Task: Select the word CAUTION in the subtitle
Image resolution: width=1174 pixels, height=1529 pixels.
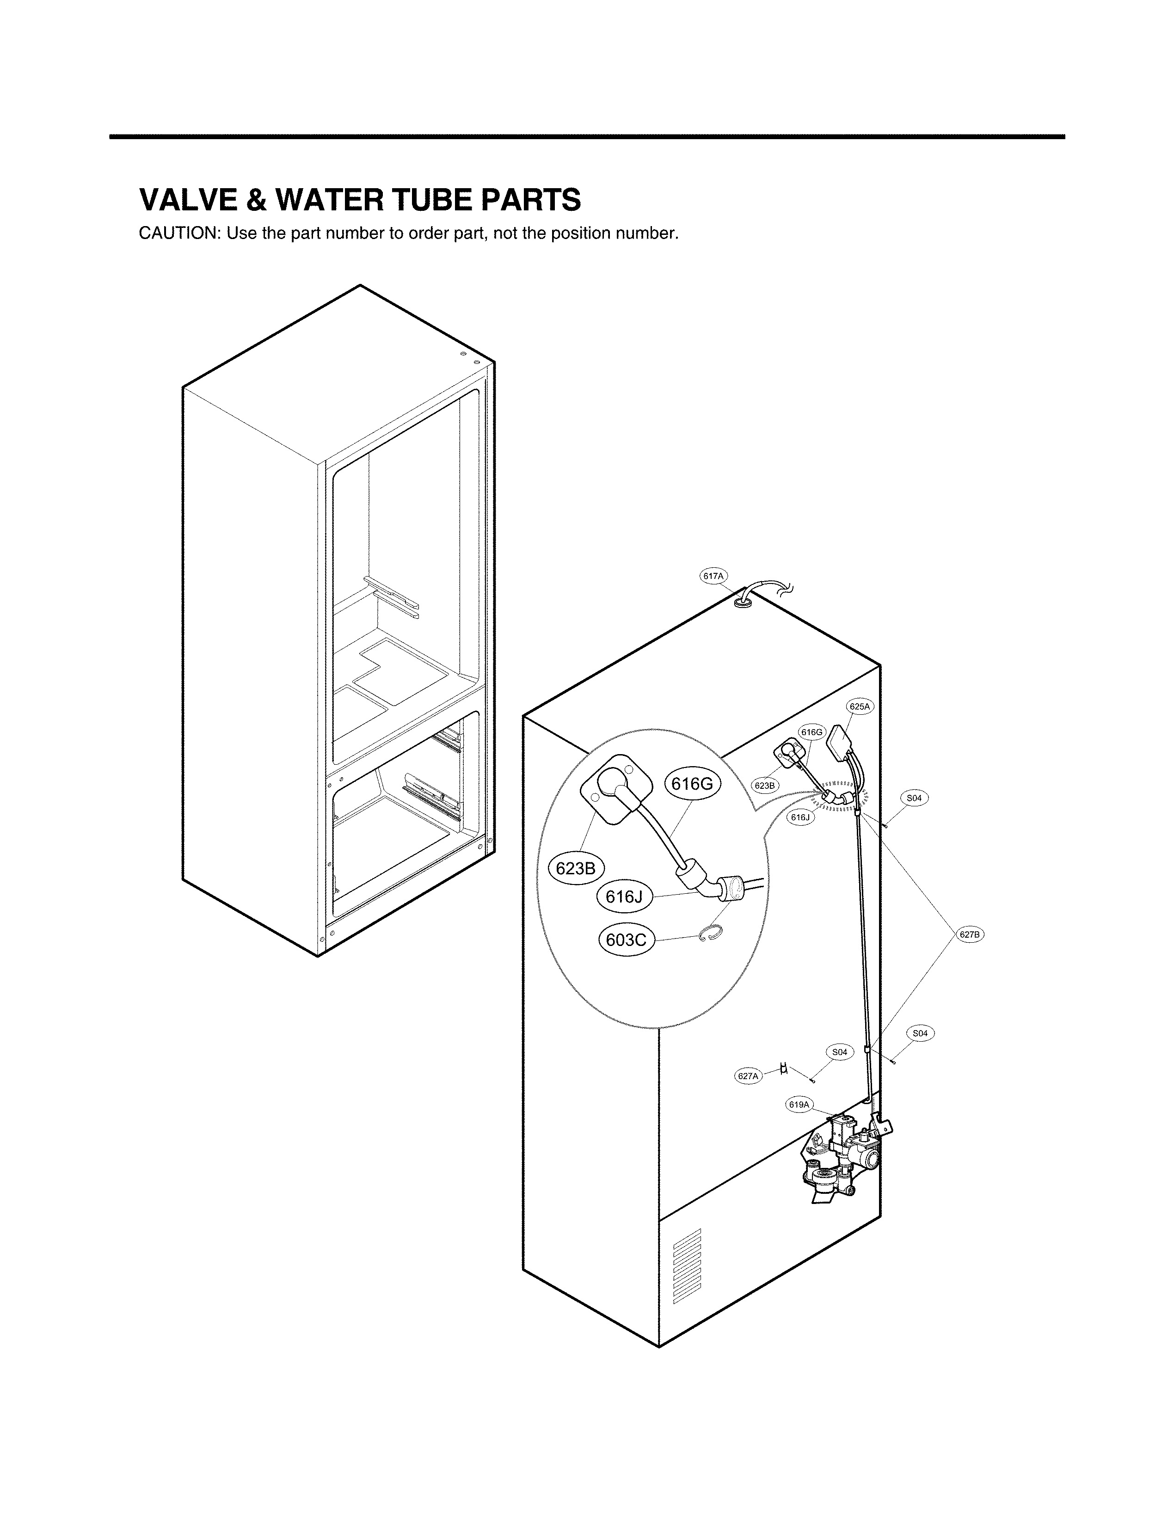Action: click(x=179, y=233)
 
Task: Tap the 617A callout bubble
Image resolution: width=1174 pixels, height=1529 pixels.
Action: click(x=713, y=576)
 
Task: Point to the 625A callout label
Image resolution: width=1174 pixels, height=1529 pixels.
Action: click(x=860, y=706)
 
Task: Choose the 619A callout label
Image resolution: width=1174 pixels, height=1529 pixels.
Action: click(x=799, y=1105)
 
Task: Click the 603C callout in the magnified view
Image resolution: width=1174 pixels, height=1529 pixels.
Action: click(x=626, y=940)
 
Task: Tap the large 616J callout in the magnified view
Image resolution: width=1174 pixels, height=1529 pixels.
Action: click(x=624, y=897)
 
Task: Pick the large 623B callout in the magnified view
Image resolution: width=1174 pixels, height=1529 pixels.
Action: click(x=575, y=869)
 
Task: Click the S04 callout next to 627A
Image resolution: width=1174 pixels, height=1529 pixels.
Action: click(x=840, y=1052)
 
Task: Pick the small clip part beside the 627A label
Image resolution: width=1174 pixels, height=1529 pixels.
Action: click(x=784, y=1068)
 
